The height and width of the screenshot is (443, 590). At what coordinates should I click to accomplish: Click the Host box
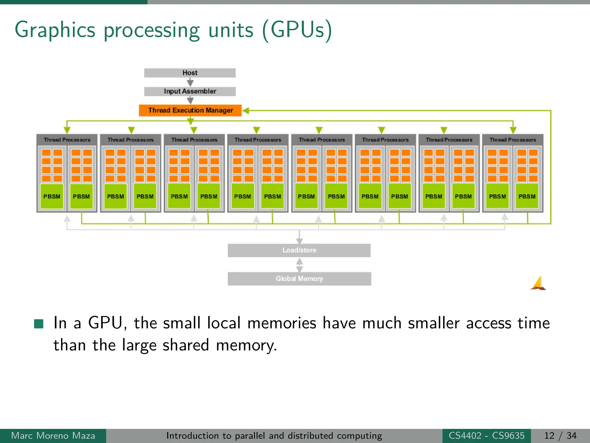pos(190,73)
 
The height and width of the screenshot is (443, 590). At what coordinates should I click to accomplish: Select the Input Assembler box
pos(190,91)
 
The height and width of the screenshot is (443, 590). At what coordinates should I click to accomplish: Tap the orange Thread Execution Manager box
pos(190,110)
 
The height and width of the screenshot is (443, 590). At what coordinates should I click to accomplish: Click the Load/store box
pos(299,250)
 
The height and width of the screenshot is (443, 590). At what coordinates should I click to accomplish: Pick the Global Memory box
pos(299,279)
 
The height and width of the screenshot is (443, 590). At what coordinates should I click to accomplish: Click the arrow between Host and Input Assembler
pos(190,82)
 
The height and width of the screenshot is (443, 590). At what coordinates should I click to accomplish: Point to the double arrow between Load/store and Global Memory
pos(299,265)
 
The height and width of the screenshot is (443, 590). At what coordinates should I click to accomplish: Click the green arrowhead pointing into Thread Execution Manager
pos(246,110)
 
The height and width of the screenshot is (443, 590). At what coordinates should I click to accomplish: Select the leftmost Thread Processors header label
pos(67,140)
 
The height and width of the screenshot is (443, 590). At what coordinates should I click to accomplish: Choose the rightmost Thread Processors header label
pos(513,140)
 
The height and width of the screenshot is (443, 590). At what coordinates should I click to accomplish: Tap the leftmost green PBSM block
pos(52,196)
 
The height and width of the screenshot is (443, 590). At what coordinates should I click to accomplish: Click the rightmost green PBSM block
pos(527,196)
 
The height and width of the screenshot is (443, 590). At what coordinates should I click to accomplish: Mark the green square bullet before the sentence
pos(39,324)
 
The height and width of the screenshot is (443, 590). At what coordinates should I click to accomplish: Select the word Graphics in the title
pos(55,30)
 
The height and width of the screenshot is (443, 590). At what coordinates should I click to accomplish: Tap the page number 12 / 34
pos(560,436)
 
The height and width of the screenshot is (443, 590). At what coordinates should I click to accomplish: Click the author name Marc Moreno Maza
pos(53,436)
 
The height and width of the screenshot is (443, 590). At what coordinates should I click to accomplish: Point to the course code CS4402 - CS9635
pos(487,436)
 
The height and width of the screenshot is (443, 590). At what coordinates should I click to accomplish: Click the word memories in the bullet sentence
pos(281,323)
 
